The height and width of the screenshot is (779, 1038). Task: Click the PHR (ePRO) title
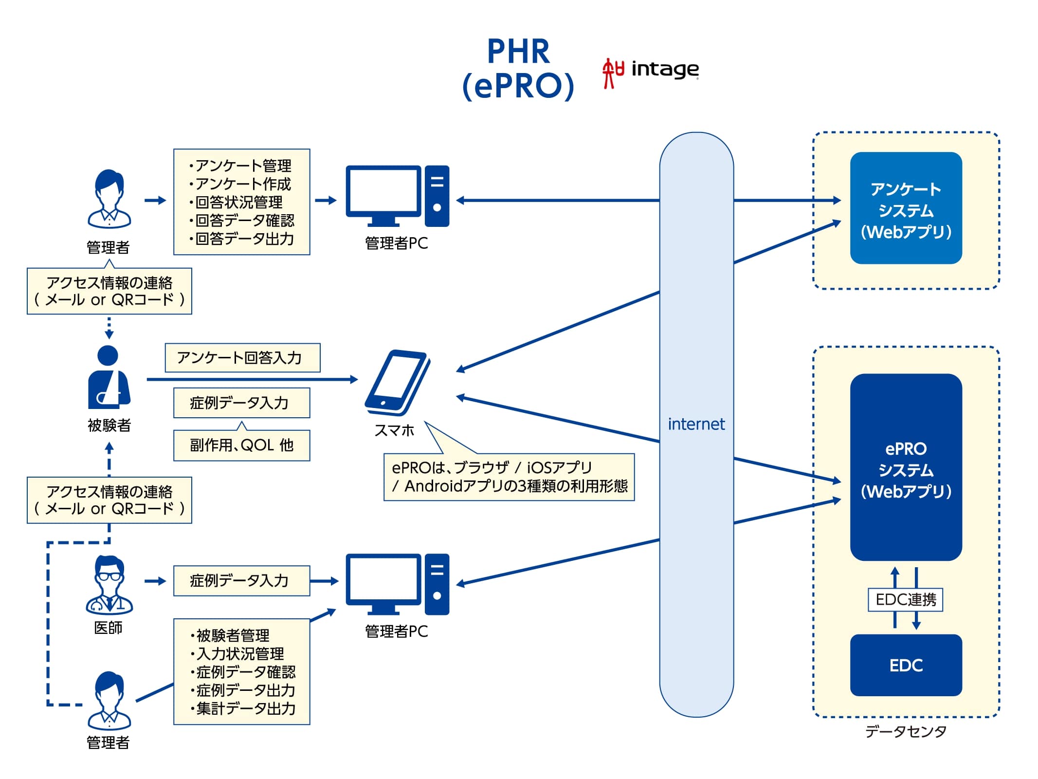[518, 69]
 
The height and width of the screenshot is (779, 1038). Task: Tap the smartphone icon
[398, 382]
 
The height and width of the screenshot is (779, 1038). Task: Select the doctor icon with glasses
[109, 584]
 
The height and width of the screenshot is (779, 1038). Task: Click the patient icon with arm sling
[109, 377]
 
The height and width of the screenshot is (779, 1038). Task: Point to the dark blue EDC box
[906, 665]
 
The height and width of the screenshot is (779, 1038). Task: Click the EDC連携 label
[906, 599]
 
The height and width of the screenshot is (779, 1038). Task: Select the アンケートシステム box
[906, 208]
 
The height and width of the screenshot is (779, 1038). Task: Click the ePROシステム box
[906, 467]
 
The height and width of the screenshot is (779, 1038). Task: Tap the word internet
[696, 424]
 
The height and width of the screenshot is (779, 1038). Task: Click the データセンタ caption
[906, 731]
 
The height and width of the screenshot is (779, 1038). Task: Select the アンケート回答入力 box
[242, 358]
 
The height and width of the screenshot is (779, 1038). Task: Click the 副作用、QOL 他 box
[242, 445]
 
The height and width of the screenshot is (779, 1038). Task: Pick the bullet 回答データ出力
[241, 239]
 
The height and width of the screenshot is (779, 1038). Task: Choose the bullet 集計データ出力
[243, 708]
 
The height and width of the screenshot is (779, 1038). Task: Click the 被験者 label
[109, 425]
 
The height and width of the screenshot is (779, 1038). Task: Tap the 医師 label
[108, 628]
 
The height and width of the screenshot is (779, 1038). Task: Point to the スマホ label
[394, 430]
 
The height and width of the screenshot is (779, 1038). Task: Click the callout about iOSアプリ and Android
[509, 477]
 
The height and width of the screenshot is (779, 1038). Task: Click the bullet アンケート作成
[240, 184]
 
